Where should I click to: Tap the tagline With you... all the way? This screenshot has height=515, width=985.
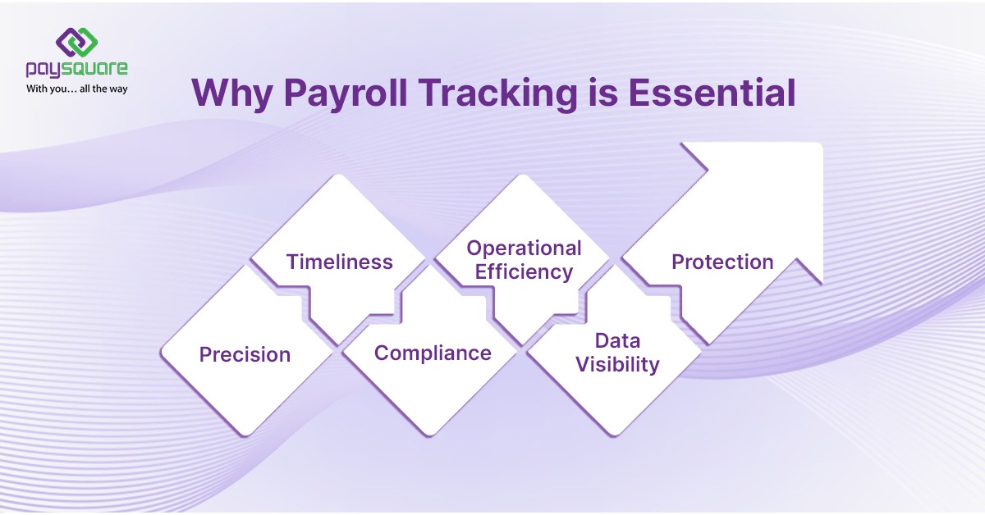76,88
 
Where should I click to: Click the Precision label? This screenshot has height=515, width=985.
245,355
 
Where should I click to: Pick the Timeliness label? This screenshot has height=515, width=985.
339,262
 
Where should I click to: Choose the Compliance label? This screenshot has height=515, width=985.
433,353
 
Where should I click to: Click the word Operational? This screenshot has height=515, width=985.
524,248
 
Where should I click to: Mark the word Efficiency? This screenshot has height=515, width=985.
524,272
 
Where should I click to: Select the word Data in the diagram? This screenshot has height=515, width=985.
617,340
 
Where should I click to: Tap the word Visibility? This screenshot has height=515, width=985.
617,365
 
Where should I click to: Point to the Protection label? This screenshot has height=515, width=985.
722,262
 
